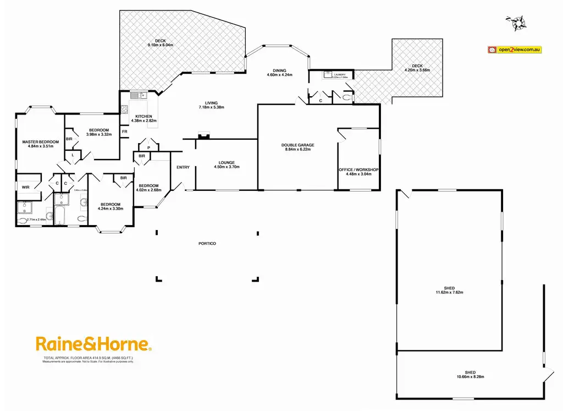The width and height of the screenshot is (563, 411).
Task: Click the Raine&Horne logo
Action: coord(93,344)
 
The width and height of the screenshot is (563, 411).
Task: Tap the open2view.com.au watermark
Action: coord(515,50)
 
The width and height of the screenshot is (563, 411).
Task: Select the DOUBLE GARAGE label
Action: coord(297,145)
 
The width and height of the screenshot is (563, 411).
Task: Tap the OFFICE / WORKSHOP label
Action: coord(358,169)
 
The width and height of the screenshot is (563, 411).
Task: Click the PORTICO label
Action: coord(207,243)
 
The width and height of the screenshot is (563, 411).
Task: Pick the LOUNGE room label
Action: coord(227,162)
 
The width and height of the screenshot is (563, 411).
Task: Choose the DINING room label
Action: coord(280,70)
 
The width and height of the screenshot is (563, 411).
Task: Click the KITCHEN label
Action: coord(143,116)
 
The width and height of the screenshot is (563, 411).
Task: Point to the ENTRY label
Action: coord(183,167)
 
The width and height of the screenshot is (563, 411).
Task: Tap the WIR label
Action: coord(25,187)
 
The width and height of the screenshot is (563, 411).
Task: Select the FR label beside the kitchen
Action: coord(125,131)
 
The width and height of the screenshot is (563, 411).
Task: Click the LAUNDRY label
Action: coord(339,74)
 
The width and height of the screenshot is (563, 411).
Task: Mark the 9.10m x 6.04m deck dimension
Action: coord(160,45)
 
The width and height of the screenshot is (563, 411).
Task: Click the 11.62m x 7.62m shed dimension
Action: coord(453,292)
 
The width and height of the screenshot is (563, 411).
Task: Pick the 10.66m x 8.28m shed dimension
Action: coord(470,377)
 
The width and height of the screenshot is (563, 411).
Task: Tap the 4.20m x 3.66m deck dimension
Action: coord(417,70)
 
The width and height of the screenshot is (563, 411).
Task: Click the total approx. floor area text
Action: coord(88,358)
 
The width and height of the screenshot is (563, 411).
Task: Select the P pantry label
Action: coord(148,147)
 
